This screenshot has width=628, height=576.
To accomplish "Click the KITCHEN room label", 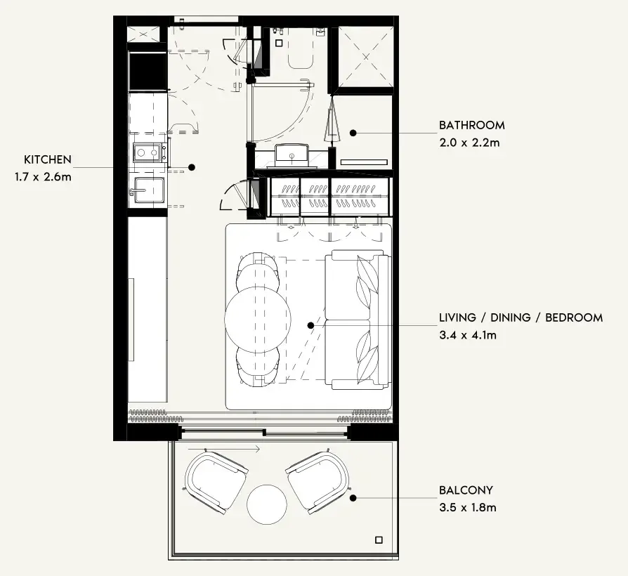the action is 48,159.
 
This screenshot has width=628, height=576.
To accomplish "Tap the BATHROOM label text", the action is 472,125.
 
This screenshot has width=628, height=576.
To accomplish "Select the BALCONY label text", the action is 466,490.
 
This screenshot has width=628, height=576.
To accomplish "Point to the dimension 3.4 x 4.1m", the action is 468,335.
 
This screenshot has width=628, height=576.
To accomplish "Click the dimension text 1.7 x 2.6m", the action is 44,176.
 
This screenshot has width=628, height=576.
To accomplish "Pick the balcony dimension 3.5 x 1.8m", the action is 468,507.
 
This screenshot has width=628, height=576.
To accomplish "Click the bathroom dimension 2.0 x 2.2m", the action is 469,143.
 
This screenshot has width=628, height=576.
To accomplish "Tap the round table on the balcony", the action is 267,504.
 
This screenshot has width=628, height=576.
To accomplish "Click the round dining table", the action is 258,320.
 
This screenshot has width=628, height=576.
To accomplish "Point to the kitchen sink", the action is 148,190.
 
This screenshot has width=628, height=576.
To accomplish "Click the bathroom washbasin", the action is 292,155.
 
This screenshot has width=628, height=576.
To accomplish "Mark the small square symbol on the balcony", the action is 379,540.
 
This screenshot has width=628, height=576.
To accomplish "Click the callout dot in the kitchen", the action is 192,167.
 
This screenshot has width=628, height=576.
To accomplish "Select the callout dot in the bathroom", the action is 353,133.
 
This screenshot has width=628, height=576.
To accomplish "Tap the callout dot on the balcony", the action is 353,498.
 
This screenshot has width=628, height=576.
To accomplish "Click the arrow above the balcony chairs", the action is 224,449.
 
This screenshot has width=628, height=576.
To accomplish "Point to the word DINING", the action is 510,318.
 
